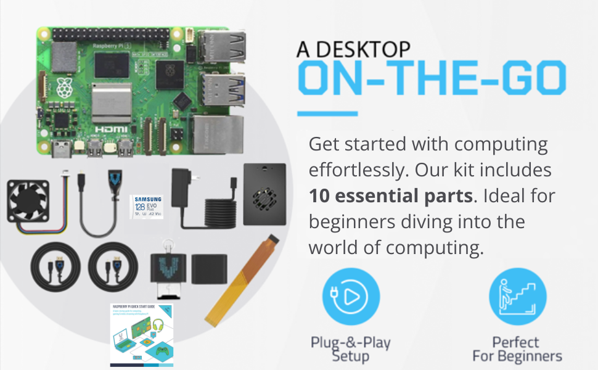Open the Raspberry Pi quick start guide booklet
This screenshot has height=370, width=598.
(142, 335)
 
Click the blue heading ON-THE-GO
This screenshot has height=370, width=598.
(432, 79)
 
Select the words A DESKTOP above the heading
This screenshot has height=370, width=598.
(353, 48)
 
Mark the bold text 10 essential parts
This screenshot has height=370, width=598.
(390, 196)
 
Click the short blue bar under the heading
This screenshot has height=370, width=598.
(327, 113)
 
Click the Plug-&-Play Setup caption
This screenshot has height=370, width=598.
(351, 349)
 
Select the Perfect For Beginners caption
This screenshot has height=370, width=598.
(517, 349)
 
